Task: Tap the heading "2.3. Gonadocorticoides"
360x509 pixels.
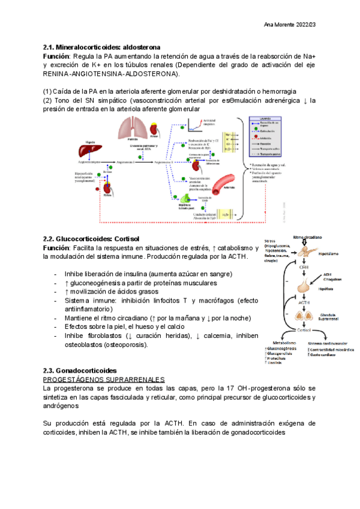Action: point(80,371)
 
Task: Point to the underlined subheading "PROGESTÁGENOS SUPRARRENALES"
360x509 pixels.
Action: point(104,380)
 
